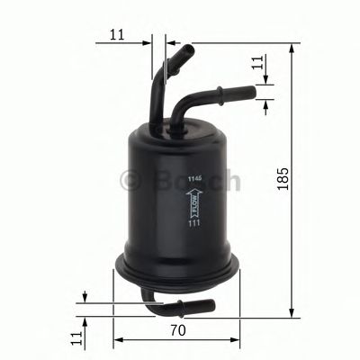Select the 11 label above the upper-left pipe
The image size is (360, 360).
click(117, 35)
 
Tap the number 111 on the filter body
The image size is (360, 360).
click(193, 236)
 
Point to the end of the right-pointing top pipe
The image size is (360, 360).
click(254, 90)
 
